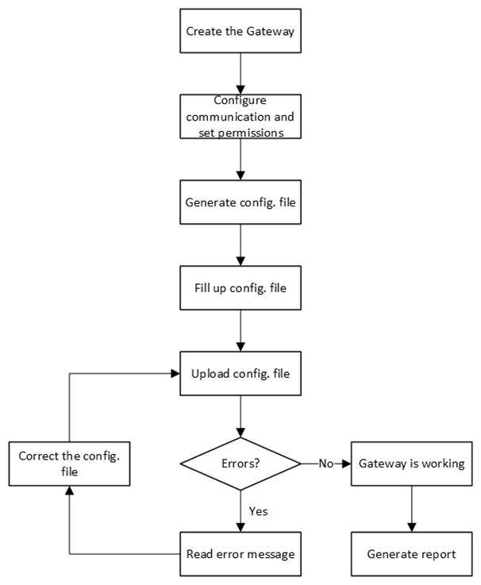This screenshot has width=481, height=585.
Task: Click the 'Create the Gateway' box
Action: click(x=240, y=32)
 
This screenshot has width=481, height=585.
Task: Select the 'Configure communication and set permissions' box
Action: click(x=240, y=117)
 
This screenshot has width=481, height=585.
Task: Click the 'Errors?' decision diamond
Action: click(x=240, y=462)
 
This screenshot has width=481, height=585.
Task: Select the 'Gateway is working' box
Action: click(x=411, y=462)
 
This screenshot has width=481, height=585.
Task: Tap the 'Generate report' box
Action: click(x=411, y=553)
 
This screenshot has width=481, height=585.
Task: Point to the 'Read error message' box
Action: click(x=240, y=553)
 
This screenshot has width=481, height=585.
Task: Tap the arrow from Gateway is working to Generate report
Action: click(x=411, y=507)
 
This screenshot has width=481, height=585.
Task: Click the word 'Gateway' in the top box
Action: click(x=271, y=32)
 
